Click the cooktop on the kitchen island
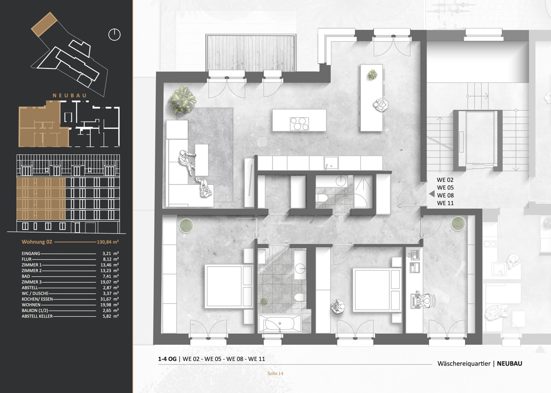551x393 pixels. click(299, 123)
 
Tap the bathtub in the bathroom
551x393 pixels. click(280, 323)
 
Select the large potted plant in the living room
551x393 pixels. click(183, 100)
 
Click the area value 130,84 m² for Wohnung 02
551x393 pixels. click(108, 242)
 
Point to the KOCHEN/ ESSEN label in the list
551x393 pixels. click(37, 299)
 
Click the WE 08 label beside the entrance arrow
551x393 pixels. click(445, 195)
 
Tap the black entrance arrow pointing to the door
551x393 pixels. click(432, 194)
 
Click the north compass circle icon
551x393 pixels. click(114, 34)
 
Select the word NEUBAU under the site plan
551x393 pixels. click(70, 96)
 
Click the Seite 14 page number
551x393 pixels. click(275, 373)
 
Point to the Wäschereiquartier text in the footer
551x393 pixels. click(464, 364)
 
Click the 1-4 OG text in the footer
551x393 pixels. click(167, 359)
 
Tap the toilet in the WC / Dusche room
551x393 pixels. click(321, 198)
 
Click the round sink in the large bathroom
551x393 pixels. click(300, 268)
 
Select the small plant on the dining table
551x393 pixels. click(372, 74)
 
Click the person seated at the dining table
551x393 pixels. click(381, 105)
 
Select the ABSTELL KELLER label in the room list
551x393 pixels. click(37, 316)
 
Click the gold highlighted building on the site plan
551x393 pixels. click(44, 24)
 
